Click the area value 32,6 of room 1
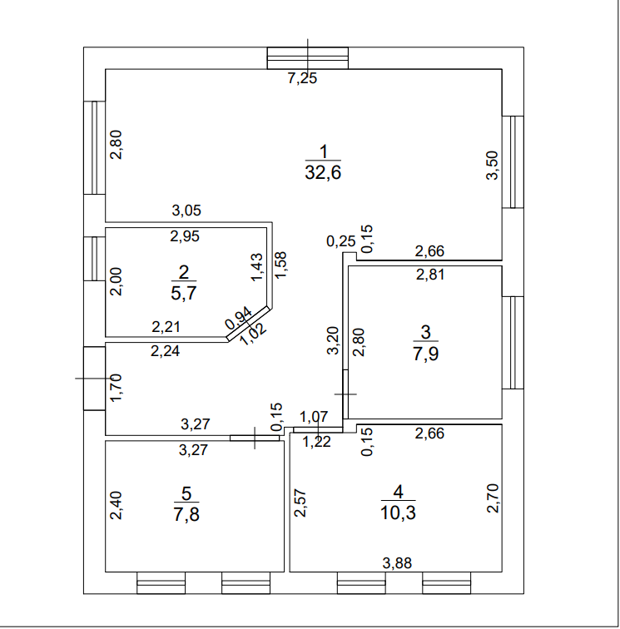324,173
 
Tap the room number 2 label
183,270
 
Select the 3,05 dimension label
186,210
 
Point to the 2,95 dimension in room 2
185,235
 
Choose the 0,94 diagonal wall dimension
236,319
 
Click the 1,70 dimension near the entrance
117,389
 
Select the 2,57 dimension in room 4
300,502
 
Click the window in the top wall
307,58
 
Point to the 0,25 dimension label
340,241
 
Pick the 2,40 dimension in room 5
117,506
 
